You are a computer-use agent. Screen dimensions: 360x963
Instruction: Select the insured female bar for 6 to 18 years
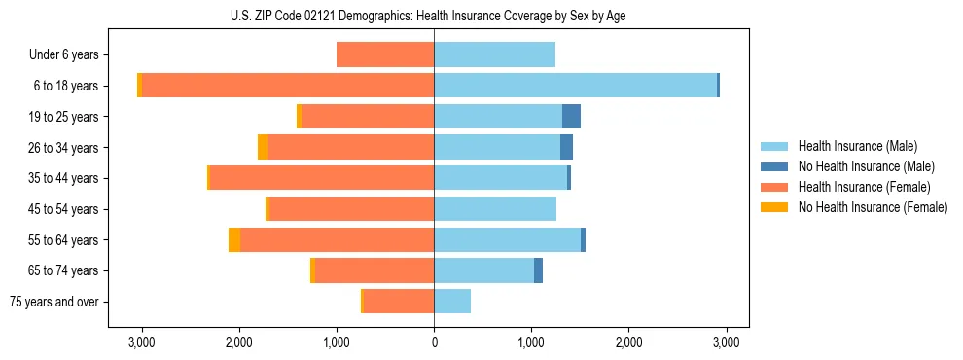click(288, 86)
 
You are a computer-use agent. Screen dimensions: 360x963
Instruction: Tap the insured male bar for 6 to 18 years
click(575, 86)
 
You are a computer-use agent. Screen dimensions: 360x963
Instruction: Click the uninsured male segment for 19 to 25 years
click(571, 117)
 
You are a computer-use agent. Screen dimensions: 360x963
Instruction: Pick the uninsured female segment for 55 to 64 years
click(234, 240)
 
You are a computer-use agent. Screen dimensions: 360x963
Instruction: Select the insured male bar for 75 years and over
click(452, 302)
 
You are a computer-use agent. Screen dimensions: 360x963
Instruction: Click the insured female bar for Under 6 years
click(385, 55)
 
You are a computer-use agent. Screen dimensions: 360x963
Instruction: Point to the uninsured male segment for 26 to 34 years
click(566, 148)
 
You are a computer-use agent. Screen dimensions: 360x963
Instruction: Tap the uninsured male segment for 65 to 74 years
click(538, 270)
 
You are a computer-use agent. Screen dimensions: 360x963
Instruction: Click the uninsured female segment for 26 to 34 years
click(263, 148)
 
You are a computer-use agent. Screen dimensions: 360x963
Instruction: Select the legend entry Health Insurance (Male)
click(857, 146)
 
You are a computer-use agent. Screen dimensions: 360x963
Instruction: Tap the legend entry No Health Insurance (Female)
click(873, 207)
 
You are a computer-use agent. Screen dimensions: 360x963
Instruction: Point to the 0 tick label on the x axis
click(434, 342)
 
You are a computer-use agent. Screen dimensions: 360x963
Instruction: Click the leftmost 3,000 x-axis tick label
click(142, 342)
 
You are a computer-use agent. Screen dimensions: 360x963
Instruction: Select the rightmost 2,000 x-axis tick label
click(628, 342)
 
